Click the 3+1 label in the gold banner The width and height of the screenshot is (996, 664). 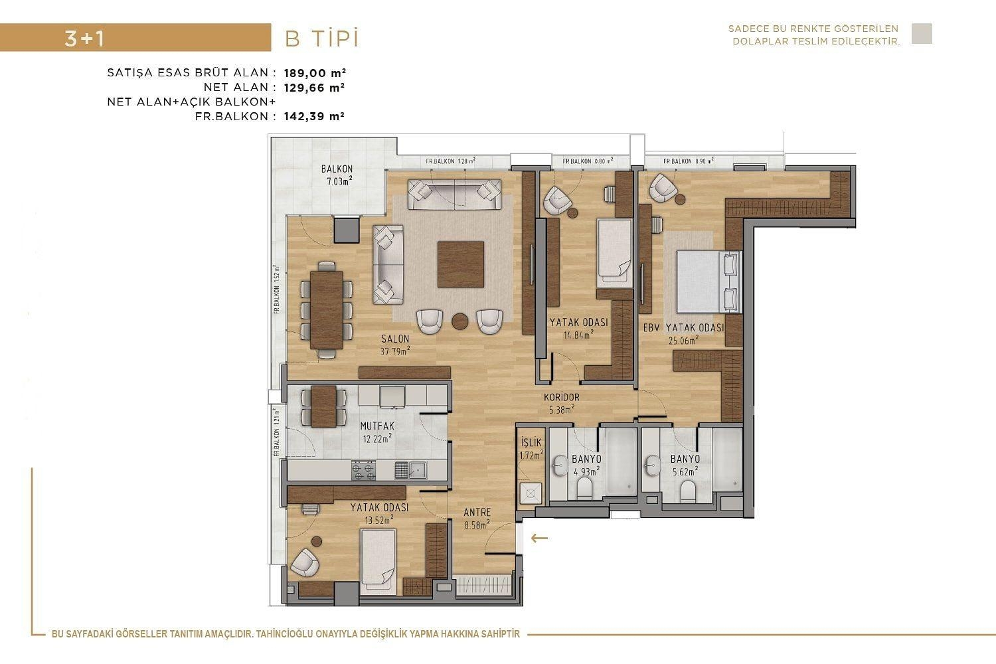[x=84, y=39]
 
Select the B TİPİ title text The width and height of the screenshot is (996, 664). [x=321, y=39]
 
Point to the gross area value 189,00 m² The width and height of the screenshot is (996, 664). [x=315, y=73]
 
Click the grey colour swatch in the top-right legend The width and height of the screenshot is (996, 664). [x=922, y=34]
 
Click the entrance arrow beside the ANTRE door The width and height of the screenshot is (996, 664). [x=539, y=538]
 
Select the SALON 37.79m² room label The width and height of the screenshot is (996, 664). [x=395, y=345]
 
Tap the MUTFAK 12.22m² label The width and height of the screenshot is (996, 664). [x=377, y=432]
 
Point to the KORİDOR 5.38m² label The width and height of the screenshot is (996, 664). [x=562, y=403]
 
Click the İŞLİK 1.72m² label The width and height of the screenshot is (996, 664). [x=531, y=449]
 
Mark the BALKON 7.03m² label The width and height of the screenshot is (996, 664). [x=337, y=175]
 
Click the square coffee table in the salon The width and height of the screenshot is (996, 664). [x=460, y=264]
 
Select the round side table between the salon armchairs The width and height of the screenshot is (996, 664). [x=460, y=321]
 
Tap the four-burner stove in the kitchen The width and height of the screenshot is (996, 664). [x=363, y=470]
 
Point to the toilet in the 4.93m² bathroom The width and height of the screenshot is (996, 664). [x=584, y=489]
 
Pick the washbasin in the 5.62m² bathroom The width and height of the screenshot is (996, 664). [x=651, y=463]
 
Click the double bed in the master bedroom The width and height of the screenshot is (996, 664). [x=706, y=282]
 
